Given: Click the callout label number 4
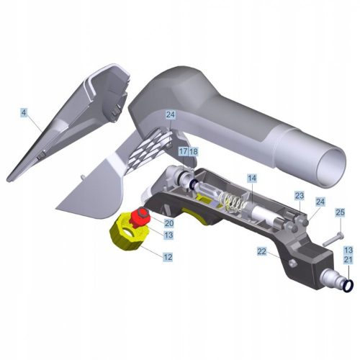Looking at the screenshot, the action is (24, 112).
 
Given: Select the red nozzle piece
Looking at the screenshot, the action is (140, 217).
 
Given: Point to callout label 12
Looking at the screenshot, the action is (168, 257).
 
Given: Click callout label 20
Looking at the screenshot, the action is (168, 223).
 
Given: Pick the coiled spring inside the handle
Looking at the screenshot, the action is (231, 202).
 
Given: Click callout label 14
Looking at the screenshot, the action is (252, 179).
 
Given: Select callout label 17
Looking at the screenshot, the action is (184, 151).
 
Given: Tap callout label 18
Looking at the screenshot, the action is (194, 151).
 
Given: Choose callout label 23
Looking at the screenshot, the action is (300, 196).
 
